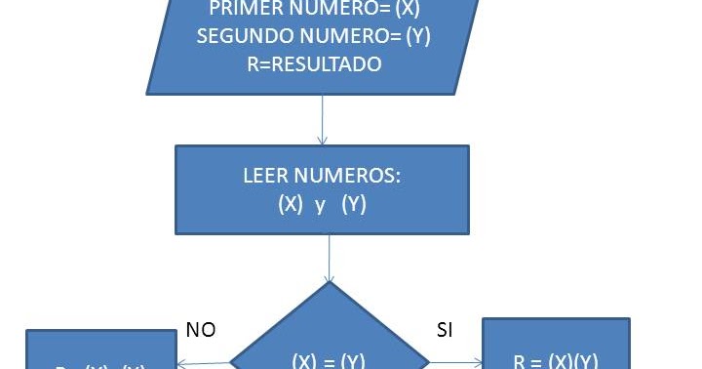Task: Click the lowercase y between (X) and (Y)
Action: coord(320,206)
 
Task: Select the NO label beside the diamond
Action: coord(201,330)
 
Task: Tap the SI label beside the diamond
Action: coord(445,330)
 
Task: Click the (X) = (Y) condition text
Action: coord(329,360)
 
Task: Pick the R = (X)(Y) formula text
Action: coord(555,359)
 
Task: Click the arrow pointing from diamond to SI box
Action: coord(456,363)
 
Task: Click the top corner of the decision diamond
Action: coord(330,284)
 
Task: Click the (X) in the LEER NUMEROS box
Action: coord(290,206)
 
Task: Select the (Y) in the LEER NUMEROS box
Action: coord(353,206)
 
